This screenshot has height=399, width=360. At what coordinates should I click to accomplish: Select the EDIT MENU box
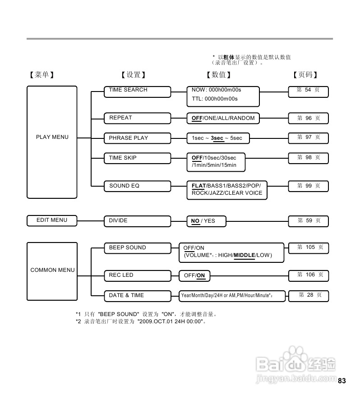tap(52, 220)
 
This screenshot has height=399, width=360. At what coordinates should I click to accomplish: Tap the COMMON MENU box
tap(52, 270)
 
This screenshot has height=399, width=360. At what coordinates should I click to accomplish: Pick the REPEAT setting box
tap(138, 118)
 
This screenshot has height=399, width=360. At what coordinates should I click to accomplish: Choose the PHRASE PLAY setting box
tap(138, 138)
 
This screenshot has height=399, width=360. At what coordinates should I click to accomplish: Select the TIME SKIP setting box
tap(138, 158)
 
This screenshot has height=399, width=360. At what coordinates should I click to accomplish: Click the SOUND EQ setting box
tap(138, 186)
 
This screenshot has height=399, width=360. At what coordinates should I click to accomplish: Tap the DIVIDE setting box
tap(138, 221)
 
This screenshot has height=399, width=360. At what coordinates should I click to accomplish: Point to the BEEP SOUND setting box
tap(138, 248)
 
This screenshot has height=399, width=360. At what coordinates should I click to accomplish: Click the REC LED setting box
tap(138, 275)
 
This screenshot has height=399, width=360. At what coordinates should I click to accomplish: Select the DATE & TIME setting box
tap(138, 296)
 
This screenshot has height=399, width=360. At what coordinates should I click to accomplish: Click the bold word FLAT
tap(198, 186)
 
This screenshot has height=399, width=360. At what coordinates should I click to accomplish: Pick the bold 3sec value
tap(217, 138)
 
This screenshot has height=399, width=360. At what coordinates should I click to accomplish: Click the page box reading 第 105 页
tap(309, 248)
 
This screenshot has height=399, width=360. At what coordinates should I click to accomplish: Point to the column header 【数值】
tap(218, 75)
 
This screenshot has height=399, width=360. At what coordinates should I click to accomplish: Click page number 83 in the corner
tap(342, 381)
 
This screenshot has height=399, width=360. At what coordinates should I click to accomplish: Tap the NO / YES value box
tap(207, 221)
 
